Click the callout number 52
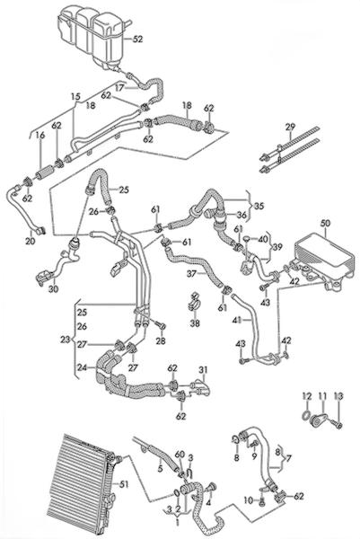[x=137, y=40]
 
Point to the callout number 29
[x=290, y=127]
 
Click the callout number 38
[x=195, y=323]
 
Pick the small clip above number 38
[x=195, y=302]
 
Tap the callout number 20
[x=31, y=241]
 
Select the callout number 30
[x=53, y=289]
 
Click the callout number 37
[x=192, y=274]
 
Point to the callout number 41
[x=237, y=321]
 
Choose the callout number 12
[x=307, y=397]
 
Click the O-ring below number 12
[x=305, y=416]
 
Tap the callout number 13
[x=338, y=397]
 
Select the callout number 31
[x=203, y=370]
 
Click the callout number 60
[x=180, y=455]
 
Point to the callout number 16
[x=40, y=135]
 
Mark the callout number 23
[x=65, y=340]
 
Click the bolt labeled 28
[x=159, y=324]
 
